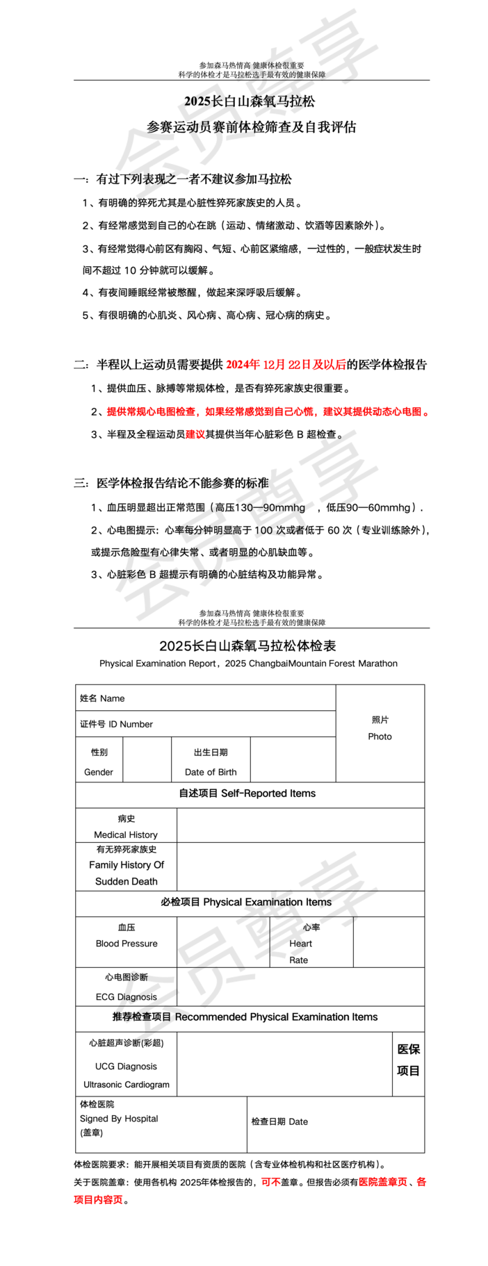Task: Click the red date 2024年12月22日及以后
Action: (286, 365)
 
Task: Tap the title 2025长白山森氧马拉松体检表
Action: (247, 646)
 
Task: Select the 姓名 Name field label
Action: (102, 698)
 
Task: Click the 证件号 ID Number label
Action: (116, 724)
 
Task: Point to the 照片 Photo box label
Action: (380, 728)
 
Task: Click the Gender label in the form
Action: (99, 772)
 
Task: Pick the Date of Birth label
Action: (211, 772)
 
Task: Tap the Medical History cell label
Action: (126, 835)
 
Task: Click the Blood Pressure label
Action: (127, 944)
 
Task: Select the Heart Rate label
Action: (300, 951)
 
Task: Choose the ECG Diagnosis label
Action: (127, 997)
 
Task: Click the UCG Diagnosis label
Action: (127, 1067)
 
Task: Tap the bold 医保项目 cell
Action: (408, 1060)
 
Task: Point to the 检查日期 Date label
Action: (279, 1121)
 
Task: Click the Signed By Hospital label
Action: (119, 1119)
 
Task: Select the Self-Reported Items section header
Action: (247, 794)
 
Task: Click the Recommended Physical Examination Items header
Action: (245, 1017)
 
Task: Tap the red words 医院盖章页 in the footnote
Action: (382, 1182)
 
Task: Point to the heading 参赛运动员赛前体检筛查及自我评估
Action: (251, 127)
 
